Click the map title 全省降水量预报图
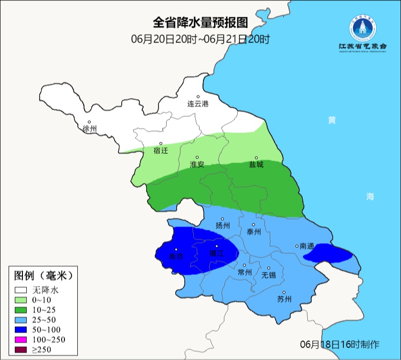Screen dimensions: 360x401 click(200, 22)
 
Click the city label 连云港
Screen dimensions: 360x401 click(198, 104)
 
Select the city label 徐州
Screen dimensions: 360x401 click(89, 129)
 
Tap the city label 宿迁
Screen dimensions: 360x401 click(161, 150)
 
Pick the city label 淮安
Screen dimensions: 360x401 click(197, 164)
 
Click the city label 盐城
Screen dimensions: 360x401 click(256, 165)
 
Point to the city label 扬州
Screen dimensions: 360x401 click(223, 226)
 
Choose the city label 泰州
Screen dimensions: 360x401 click(253, 232)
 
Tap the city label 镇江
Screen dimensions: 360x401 click(216, 254)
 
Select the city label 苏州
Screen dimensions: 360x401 click(284, 299)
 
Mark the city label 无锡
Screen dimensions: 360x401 click(269, 275)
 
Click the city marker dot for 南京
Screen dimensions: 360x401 click(176, 249)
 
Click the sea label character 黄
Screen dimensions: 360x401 click(331, 120)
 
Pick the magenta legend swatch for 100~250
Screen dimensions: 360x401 click(21, 339)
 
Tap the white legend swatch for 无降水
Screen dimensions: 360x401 click(21, 290)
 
